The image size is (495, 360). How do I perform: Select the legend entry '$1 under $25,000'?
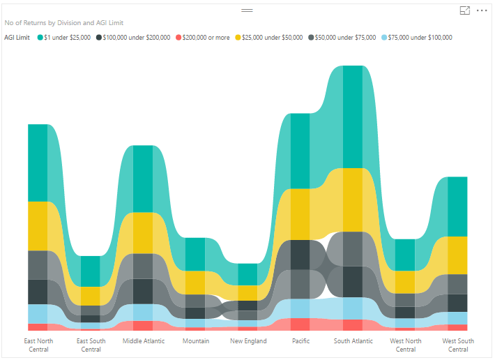point(68,37)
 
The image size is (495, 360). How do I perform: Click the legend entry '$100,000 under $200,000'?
point(136,37)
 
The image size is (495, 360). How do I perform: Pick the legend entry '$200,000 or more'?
point(206,37)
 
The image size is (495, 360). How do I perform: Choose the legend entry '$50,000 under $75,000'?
point(346,37)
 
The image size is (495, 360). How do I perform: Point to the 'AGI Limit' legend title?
point(17,37)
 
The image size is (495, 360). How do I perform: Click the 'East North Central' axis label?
point(38,345)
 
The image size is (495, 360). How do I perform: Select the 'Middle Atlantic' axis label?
point(143,341)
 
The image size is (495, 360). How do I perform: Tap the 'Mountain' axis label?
point(195,341)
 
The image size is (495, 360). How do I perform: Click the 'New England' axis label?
point(247,341)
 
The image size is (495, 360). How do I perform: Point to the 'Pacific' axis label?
point(300,341)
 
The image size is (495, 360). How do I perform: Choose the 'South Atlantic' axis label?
point(353,341)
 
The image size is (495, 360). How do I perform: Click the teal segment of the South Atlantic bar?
point(353,117)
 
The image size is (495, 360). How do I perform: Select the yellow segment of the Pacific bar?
point(300,213)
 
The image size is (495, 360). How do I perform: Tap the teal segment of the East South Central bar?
point(90,271)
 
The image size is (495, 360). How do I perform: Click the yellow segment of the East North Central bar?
point(38,225)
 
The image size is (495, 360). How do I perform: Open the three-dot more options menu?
point(482,11)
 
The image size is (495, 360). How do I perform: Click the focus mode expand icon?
point(465,11)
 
